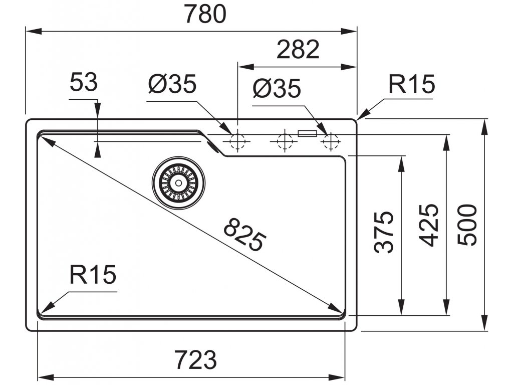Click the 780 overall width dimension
pos(205,15)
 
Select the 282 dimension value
pos(297,49)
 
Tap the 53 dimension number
pos(83,83)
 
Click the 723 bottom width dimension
pos(195,359)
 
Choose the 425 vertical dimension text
pos(428,225)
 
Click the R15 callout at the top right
pos(411,85)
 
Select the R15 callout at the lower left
pos(93,275)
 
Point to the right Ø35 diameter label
pos(277,89)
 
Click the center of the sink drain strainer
pos(179,182)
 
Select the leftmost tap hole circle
pos(237,142)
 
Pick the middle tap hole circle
pos(284,142)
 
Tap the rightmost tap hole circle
pos(331,142)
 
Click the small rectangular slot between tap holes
pos(307,133)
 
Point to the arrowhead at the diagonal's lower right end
pos(335,307)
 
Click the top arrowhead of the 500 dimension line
pos(485,126)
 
